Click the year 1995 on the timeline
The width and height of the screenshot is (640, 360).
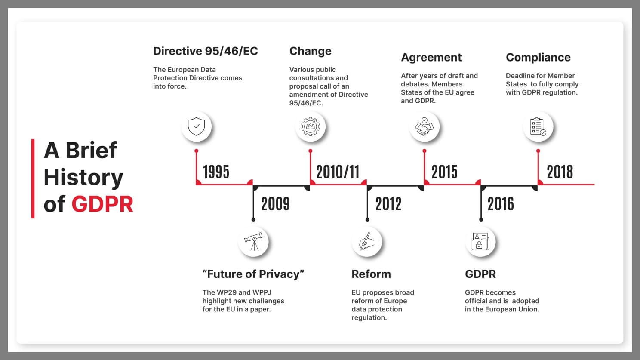[x=216, y=172]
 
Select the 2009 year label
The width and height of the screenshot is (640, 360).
[x=275, y=204]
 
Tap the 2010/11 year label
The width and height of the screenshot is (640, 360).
[x=338, y=172]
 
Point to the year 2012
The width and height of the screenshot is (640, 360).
[x=388, y=204]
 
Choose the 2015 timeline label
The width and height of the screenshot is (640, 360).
[x=444, y=172]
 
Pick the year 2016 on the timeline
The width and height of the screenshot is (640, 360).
[x=501, y=204]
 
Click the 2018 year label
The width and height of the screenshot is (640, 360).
[x=560, y=172]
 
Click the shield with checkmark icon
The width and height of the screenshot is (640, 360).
[x=197, y=127]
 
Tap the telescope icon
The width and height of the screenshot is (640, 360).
[x=253, y=242]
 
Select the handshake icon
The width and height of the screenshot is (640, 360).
[x=424, y=127]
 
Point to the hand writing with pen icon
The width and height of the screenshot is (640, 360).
[x=366, y=242]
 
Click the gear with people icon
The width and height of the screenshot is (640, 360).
[x=310, y=127]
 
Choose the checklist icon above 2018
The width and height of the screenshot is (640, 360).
[x=538, y=127]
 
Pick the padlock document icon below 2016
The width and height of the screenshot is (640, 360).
[x=480, y=242]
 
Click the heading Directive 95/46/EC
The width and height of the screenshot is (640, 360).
[x=205, y=51]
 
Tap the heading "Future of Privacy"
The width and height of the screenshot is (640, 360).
[x=253, y=274]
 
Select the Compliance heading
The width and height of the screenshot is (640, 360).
[x=538, y=57]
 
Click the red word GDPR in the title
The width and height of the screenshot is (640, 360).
[x=102, y=204]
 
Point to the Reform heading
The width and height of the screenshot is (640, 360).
[x=371, y=274]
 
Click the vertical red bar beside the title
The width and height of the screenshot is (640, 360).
[x=33, y=178]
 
